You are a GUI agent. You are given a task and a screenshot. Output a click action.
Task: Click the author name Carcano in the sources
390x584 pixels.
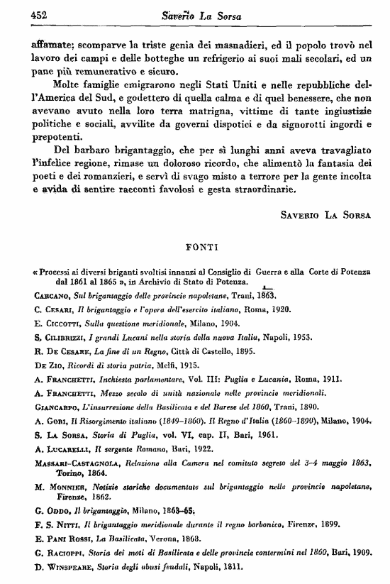(x=52, y=294)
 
